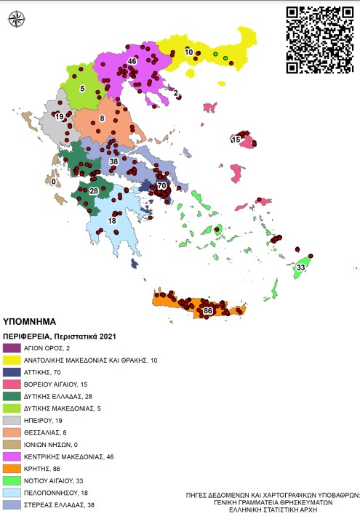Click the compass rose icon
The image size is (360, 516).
[15, 20]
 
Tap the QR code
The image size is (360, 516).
[320, 39]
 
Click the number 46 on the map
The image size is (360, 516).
[132, 61]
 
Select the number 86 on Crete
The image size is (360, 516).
[208, 310]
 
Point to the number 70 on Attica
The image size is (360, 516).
[161, 186]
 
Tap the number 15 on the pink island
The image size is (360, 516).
[236, 139]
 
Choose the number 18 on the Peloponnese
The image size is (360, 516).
[113, 221]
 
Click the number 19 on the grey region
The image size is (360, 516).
[59, 117]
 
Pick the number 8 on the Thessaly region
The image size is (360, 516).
[103, 118]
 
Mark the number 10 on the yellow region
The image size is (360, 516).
[189, 52]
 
